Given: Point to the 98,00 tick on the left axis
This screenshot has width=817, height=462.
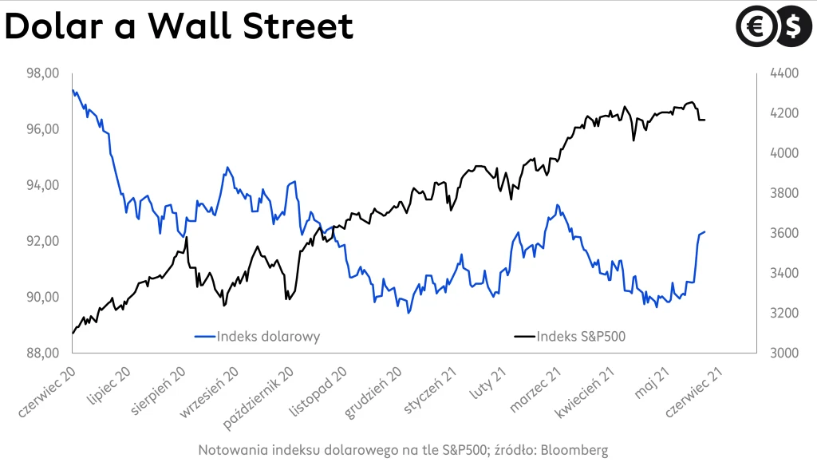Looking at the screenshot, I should pyautogui.click(x=44, y=73).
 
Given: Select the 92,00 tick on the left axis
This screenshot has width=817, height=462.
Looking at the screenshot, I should pyautogui.click(x=44, y=241).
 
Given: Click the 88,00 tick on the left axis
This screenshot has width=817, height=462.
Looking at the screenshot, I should pyautogui.click(x=44, y=353).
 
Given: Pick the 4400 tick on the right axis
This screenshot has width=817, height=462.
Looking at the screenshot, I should pyautogui.click(x=784, y=73).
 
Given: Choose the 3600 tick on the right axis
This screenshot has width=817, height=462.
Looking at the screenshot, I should pyautogui.click(x=784, y=233).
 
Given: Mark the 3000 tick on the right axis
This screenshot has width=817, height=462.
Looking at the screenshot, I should pyautogui.click(x=784, y=353).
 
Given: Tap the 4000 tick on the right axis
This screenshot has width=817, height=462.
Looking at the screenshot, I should pyautogui.click(x=784, y=152).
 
